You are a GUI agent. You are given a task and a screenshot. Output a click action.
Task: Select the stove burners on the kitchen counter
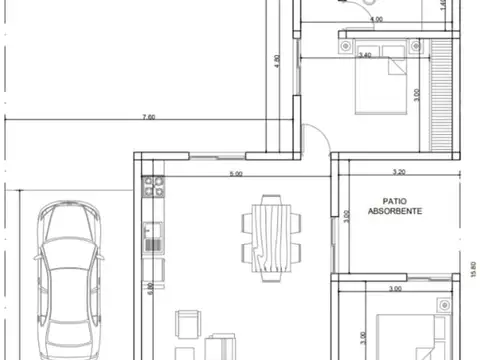154,185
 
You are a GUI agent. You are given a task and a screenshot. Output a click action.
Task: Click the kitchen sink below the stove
154,238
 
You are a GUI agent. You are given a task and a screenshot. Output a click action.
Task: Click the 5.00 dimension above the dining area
236,175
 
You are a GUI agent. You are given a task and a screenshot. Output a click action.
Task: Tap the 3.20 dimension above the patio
398,172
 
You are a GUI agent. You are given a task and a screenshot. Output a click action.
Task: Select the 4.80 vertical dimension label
277,60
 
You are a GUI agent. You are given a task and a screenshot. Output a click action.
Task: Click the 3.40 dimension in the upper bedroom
364,55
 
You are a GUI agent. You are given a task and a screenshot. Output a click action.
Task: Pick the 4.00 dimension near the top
376,19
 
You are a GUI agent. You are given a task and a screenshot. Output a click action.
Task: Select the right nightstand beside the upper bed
412,45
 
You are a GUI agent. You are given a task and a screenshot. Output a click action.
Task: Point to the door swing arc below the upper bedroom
314,138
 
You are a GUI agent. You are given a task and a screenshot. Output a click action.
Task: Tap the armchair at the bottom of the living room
187,325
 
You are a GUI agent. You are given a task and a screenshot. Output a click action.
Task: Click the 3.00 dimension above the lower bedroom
394,288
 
